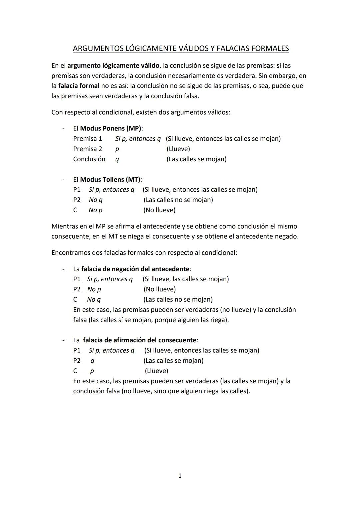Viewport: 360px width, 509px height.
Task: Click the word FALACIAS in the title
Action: (x=233, y=49)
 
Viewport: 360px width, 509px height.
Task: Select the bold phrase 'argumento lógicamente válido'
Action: (x=113, y=66)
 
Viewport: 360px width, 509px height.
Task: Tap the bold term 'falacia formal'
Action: (x=79, y=86)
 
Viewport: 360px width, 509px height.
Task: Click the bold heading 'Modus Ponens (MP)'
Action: (x=111, y=128)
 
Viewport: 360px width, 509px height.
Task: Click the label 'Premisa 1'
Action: (x=88, y=139)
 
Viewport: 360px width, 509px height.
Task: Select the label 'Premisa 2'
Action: (x=88, y=149)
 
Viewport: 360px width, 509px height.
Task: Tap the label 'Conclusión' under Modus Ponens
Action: (x=89, y=159)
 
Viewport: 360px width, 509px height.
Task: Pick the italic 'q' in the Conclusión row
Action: (x=117, y=160)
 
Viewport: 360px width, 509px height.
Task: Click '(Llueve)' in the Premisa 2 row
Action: (x=178, y=149)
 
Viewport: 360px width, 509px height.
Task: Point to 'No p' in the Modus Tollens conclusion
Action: (x=95, y=210)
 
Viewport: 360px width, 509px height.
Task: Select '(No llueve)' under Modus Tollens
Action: (x=159, y=210)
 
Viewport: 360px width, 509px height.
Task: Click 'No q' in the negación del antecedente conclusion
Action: (x=94, y=300)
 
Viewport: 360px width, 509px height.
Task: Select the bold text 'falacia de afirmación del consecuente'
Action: (x=140, y=340)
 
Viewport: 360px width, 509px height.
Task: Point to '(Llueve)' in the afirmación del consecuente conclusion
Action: (x=156, y=371)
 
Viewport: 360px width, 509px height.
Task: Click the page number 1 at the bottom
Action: (x=180, y=476)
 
